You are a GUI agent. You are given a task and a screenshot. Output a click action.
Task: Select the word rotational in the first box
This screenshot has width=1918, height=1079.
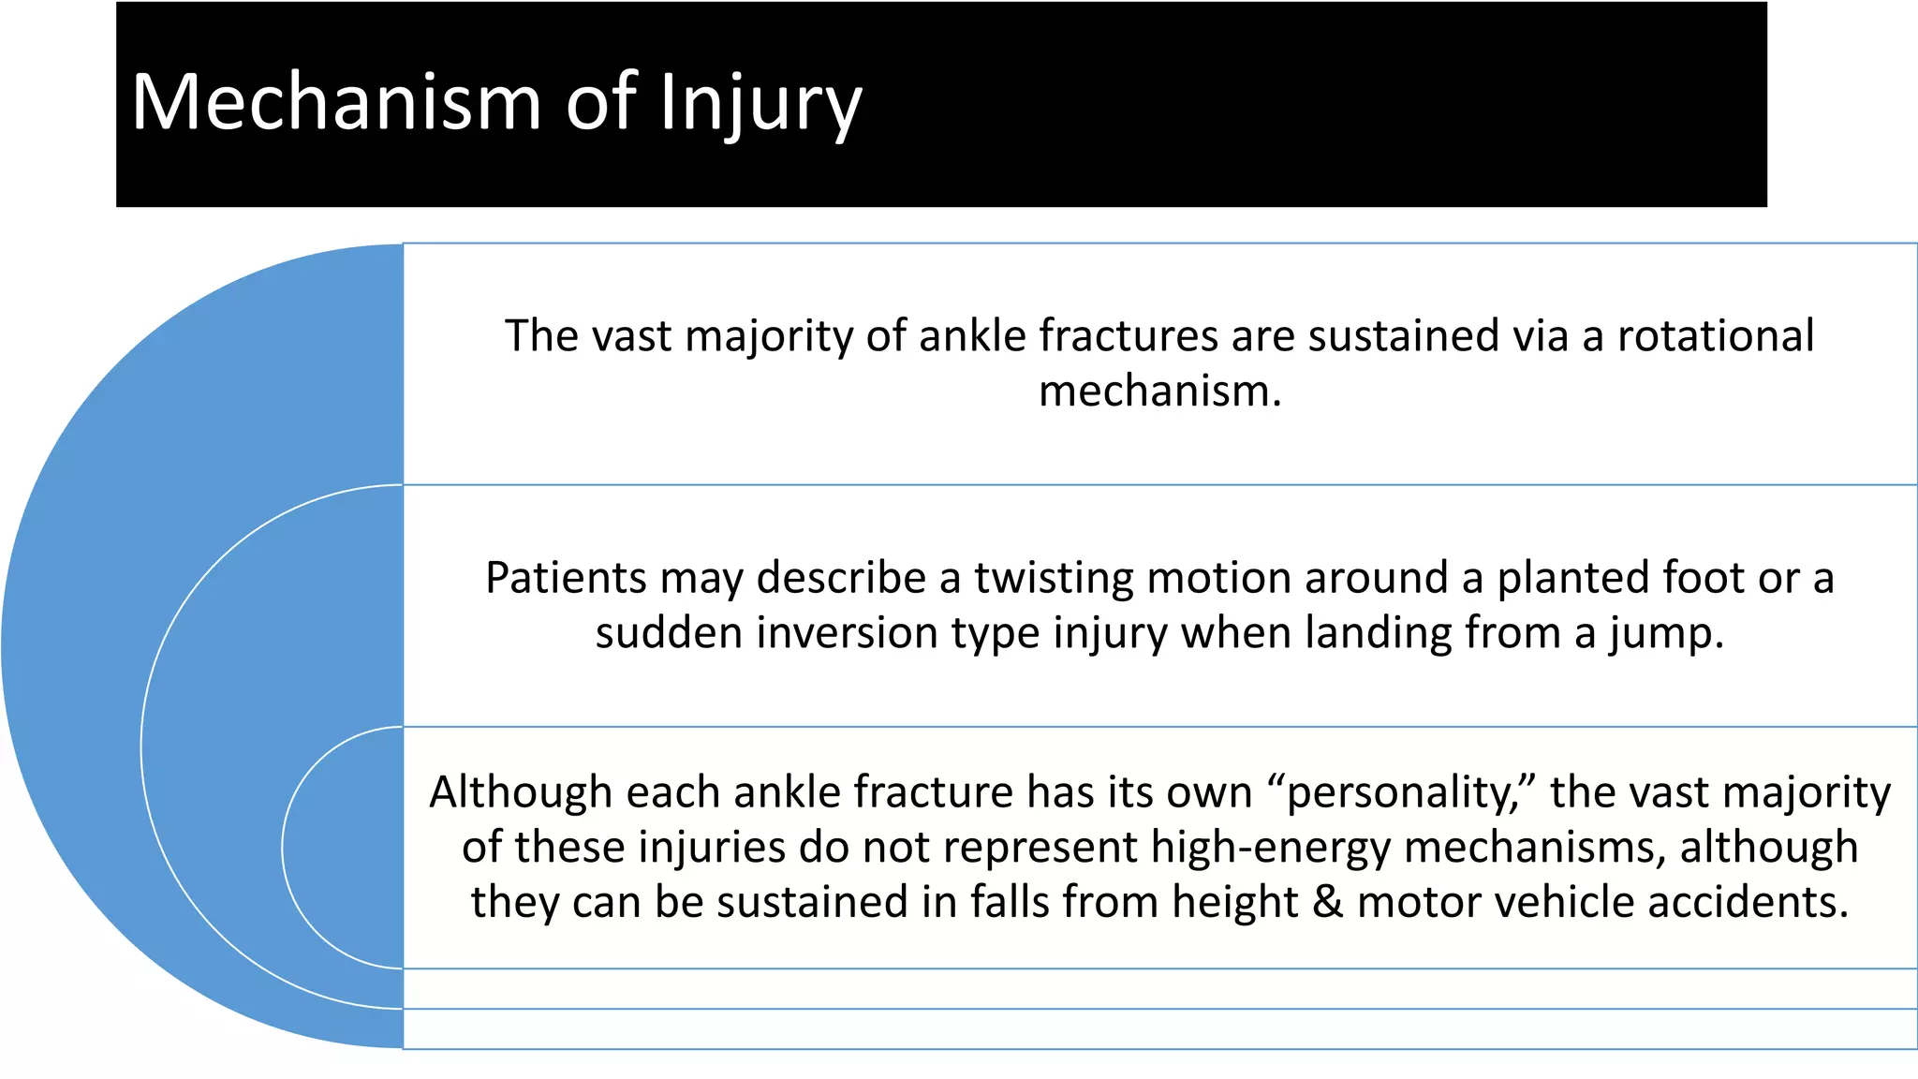pos(1716,336)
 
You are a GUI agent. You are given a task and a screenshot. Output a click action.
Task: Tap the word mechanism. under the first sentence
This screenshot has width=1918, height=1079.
pos(1159,392)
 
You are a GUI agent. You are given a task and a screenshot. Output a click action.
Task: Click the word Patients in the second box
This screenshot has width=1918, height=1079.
pos(565,578)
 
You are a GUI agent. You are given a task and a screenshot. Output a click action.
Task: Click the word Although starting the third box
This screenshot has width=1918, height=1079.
pos(521,793)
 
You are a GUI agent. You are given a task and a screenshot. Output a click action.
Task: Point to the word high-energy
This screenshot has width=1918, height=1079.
pos(1271,849)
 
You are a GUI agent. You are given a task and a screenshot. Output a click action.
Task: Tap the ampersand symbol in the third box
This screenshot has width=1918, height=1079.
pos(1327,903)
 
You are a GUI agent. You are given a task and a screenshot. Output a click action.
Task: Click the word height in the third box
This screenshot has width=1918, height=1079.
pos(1234,903)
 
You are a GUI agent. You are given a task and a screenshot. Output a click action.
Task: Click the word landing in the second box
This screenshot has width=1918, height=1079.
pos(1377,633)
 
